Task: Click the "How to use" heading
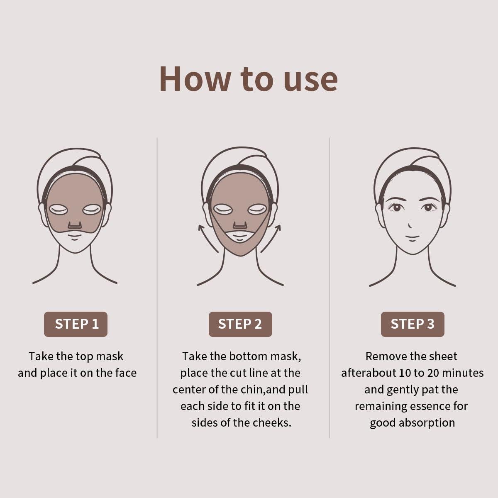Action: coord(248,79)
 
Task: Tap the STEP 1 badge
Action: coord(76,324)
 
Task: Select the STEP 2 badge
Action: coord(240,324)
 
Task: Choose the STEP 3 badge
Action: coord(413,324)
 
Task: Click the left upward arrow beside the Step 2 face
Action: coord(207,238)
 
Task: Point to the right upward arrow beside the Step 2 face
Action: coord(271,238)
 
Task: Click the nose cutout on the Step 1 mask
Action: coord(75,225)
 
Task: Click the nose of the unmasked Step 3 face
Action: coord(410,225)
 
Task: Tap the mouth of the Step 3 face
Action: coord(412,238)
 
